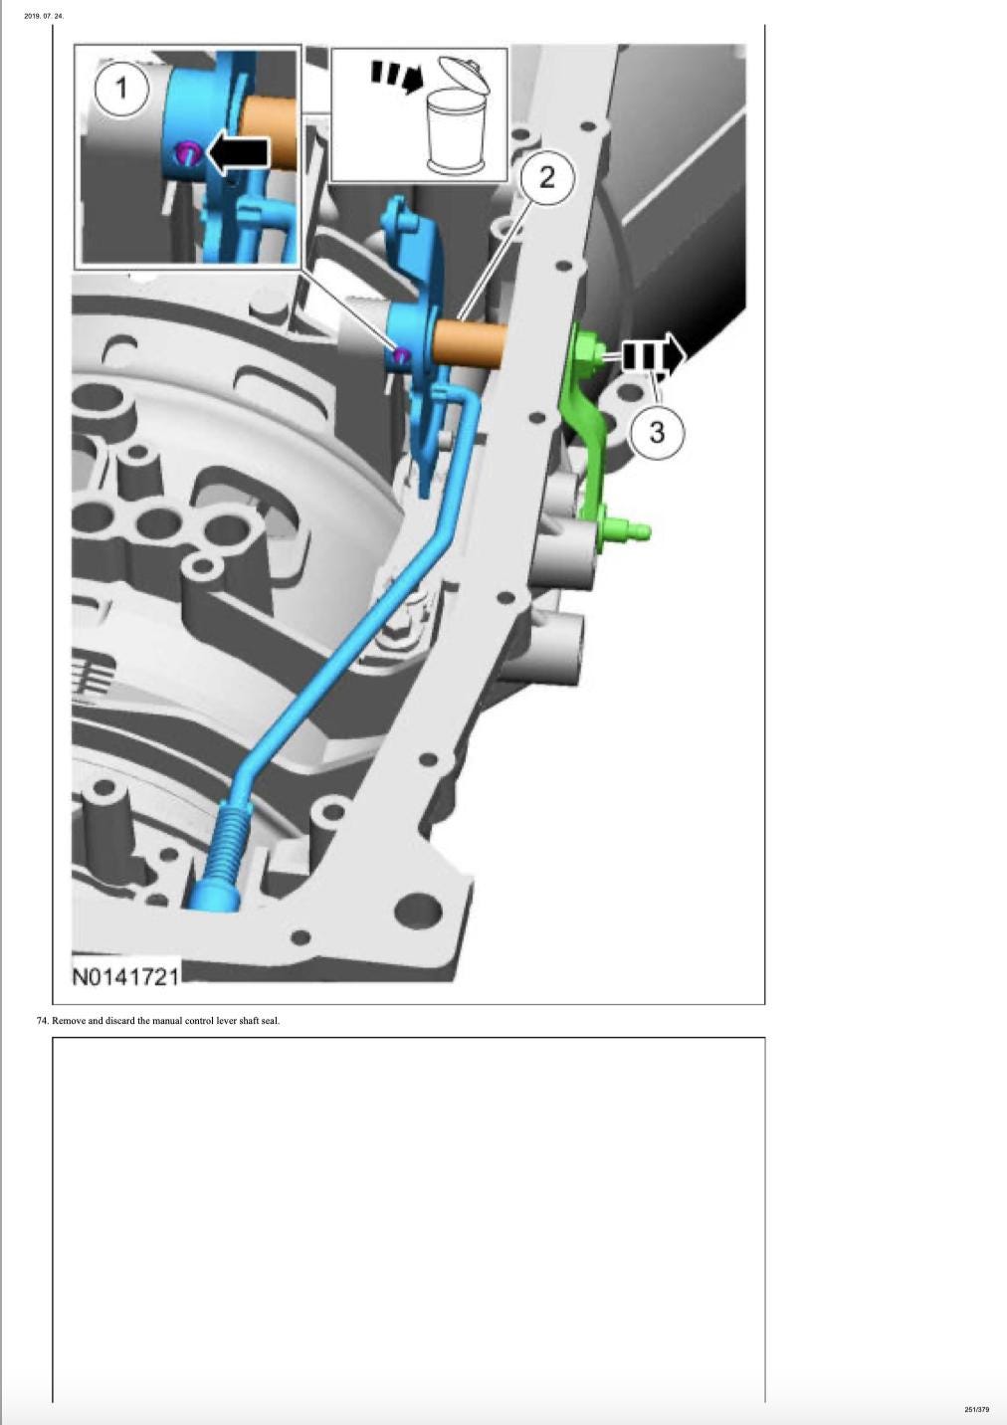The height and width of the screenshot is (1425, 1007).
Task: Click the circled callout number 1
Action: [121, 90]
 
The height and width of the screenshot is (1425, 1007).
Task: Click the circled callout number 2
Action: [547, 177]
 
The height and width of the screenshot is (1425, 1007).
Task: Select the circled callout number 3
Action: [657, 433]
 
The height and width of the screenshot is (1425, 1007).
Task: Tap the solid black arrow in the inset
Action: [238, 154]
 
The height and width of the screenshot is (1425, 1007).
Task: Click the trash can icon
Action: [458, 116]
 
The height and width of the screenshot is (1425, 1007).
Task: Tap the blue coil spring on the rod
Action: [230, 838]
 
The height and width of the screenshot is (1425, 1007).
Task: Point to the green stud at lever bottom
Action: [627, 529]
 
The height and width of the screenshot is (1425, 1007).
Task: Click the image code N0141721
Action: [126, 976]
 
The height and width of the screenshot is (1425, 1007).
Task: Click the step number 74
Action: [43, 1021]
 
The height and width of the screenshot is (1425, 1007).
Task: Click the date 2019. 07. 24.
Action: [44, 16]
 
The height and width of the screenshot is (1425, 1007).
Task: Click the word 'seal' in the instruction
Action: [271, 1021]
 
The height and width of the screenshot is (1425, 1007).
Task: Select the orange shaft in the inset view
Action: [271, 133]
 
